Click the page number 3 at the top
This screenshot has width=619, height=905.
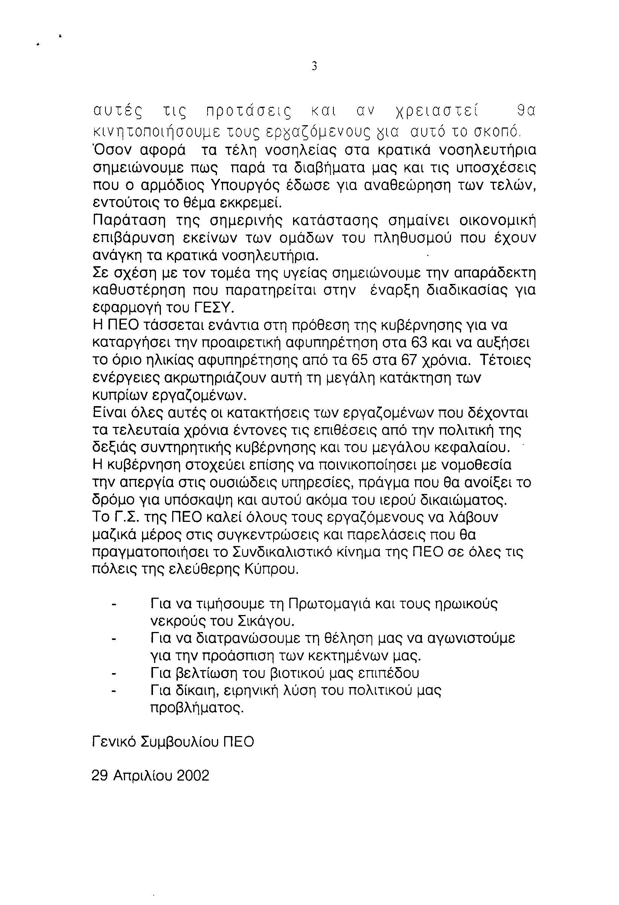coord(314,67)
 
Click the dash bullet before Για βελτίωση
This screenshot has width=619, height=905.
coord(114,672)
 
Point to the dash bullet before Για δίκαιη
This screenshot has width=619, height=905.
coord(114,690)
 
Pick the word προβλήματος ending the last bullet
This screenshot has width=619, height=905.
coord(197,707)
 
